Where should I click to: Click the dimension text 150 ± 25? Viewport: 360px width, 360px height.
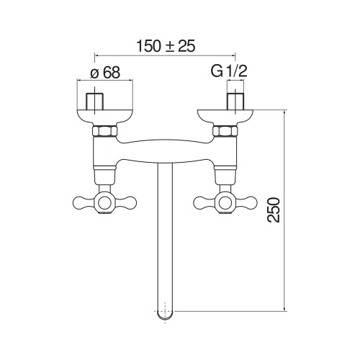(x=166, y=46)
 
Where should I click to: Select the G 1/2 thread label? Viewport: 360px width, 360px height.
(x=229, y=71)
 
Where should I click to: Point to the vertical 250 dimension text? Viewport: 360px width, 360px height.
(x=274, y=210)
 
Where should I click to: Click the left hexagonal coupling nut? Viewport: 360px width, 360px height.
(x=105, y=131)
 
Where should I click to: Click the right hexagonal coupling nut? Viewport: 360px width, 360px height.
(x=225, y=131)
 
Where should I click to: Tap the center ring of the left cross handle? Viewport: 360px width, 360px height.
(x=105, y=203)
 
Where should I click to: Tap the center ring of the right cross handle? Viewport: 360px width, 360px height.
(x=225, y=203)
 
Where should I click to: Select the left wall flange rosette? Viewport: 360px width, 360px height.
(x=105, y=117)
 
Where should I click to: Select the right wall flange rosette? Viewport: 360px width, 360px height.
(x=225, y=117)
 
